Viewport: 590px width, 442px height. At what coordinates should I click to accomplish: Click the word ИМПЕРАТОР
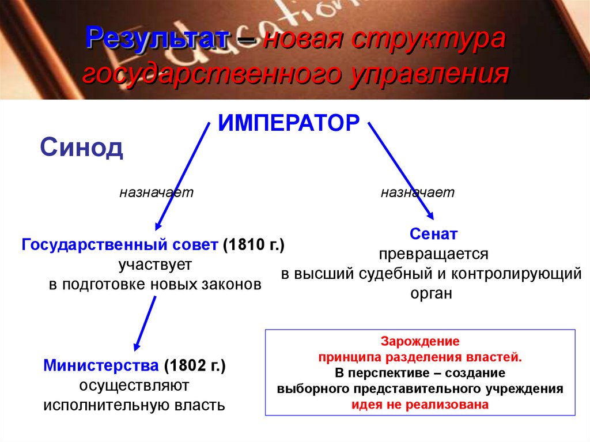[289, 123]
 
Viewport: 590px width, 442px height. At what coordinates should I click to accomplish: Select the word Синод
[81, 148]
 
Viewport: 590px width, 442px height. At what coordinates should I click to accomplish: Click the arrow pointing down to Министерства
[145, 322]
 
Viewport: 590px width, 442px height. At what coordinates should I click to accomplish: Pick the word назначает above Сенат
[418, 192]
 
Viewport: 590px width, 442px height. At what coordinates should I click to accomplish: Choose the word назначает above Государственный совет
[156, 192]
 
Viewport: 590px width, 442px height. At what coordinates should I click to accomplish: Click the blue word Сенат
[434, 234]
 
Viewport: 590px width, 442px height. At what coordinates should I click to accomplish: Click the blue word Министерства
[101, 365]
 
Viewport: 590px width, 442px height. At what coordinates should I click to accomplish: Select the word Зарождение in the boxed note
[420, 341]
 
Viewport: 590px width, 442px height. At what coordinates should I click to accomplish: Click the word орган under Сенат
[432, 293]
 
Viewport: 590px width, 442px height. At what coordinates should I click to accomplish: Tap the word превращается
[433, 254]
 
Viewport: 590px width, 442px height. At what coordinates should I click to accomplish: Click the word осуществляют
[134, 384]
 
